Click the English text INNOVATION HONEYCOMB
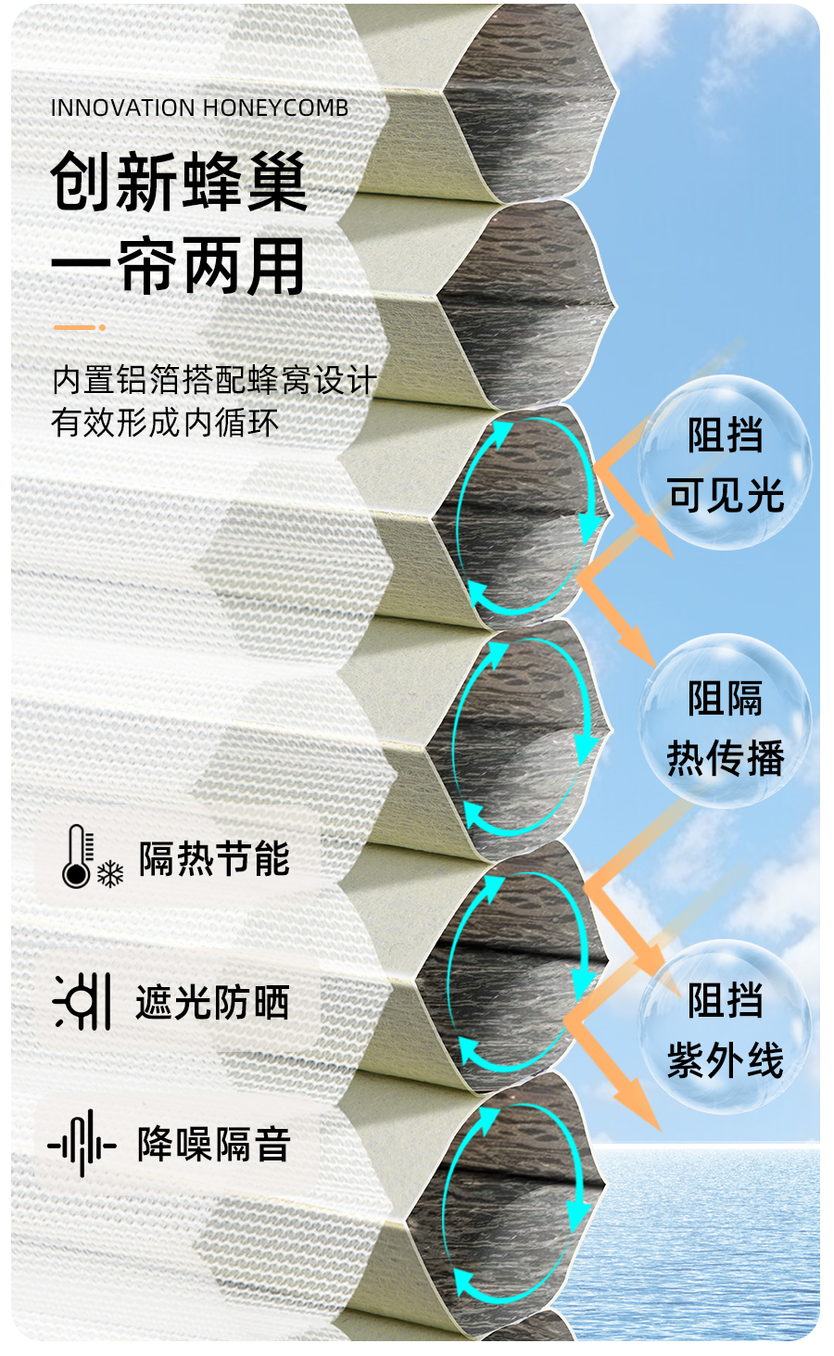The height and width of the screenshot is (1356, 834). tap(199, 108)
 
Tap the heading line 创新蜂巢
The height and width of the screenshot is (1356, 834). tap(178, 182)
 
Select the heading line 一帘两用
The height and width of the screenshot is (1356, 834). tap(178, 266)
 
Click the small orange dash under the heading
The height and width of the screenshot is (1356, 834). tap(80, 327)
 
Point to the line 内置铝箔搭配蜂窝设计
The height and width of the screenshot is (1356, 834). tap(214, 380)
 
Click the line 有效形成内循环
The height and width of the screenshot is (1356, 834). tap(165, 423)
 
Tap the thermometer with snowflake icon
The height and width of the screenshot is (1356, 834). tap(90, 857)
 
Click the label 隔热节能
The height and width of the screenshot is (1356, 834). tap(214, 858)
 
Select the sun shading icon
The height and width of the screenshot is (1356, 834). tap(83, 1001)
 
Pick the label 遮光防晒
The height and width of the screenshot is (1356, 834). tap(212, 1002)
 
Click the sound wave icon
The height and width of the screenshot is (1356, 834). tap(82, 1145)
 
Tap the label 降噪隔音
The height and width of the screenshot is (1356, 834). tap(214, 1145)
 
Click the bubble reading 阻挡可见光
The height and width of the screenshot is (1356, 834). tap(725, 463)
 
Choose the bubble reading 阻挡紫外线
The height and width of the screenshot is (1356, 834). tap(725, 1029)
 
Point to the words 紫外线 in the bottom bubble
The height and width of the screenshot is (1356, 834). tap(726, 1059)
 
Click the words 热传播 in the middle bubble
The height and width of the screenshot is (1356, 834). tap(726, 757)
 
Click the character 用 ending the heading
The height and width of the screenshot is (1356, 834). tap(276, 266)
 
